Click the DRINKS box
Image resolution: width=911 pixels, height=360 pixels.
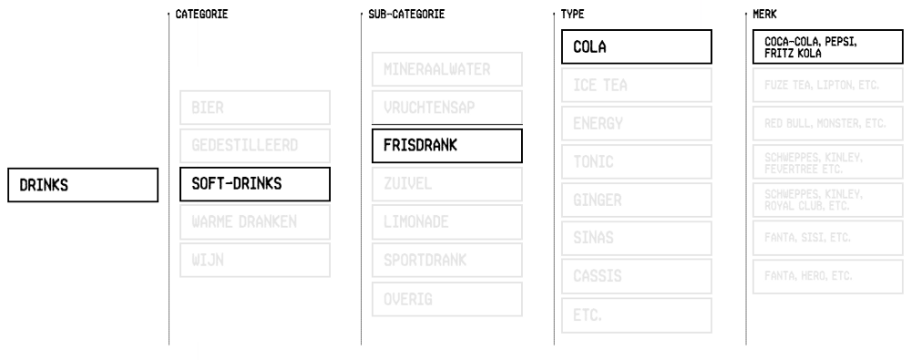[x=83, y=184]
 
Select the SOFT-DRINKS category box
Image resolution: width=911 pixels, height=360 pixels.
[x=255, y=184]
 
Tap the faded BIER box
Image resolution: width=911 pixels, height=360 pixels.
[x=255, y=108]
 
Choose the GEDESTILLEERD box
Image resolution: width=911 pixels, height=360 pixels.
[x=255, y=146]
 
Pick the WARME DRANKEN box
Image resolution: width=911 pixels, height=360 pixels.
[x=255, y=222]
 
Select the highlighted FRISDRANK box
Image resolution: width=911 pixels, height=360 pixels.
[x=446, y=146]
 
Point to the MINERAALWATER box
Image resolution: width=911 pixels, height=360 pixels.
[x=446, y=69]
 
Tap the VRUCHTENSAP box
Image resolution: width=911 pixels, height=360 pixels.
[x=446, y=108]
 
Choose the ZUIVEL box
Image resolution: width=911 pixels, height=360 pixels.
[x=446, y=184]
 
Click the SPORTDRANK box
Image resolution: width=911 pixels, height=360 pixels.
[x=446, y=261]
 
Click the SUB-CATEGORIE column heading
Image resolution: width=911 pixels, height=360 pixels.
[x=405, y=15]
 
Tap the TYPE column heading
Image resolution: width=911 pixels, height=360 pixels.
[x=572, y=15]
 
